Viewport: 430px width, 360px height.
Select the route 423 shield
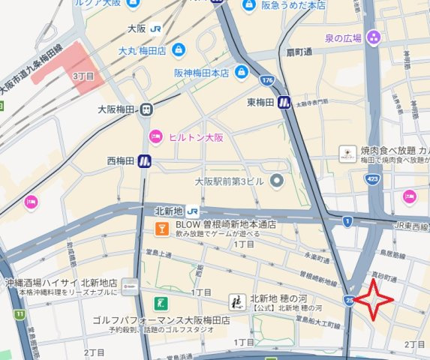[371, 179]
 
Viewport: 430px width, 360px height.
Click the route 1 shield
[347, 221]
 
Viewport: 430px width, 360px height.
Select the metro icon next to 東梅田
[284, 102]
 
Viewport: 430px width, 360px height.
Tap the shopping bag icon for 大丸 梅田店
[178, 50]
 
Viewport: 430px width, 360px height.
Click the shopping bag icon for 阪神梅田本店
[241, 73]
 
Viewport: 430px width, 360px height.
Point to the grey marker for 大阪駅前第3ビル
[276, 180]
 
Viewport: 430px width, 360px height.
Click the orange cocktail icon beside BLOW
[160, 228]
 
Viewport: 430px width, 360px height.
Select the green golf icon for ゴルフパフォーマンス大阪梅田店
[159, 304]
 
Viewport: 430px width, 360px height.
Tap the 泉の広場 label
[344, 37]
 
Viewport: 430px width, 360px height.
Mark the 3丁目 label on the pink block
[83, 76]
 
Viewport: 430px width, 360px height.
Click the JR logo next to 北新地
[193, 210]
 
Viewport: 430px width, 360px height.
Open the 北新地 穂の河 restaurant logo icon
[236, 303]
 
